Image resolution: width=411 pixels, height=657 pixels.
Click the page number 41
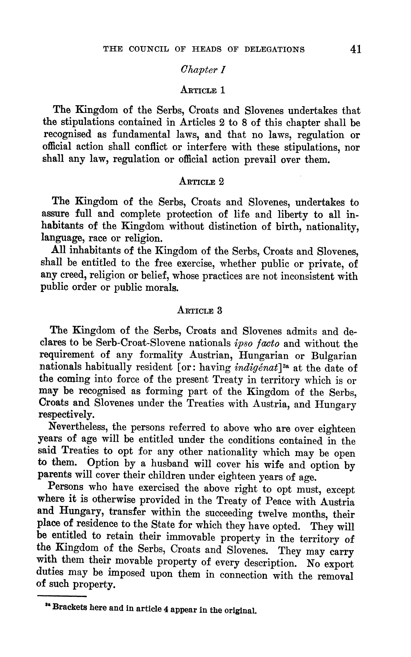[356, 49]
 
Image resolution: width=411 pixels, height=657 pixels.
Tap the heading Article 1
[203, 90]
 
